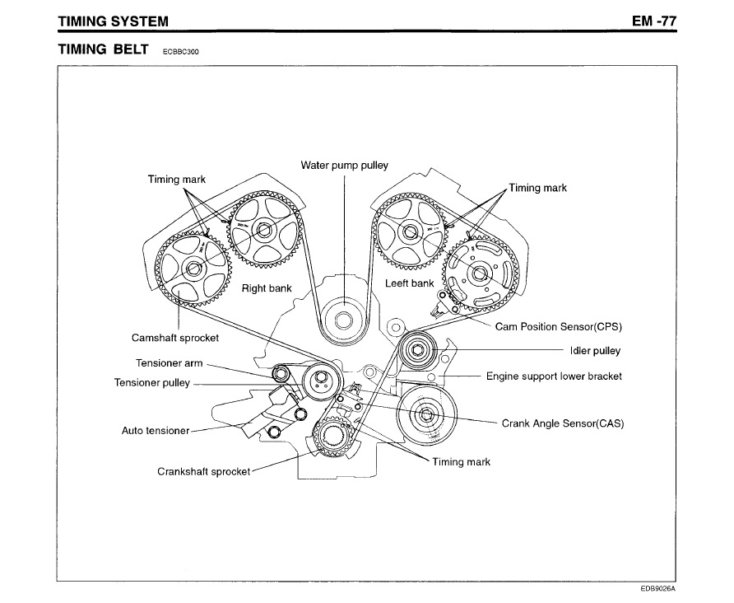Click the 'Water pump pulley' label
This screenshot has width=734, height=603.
pyautogui.click(x=344, y=165)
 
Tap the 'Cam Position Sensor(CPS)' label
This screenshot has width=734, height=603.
pyautogui.click(x=560, y=325)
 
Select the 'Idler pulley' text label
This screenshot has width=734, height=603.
pyautogui.click(x=595, y=351)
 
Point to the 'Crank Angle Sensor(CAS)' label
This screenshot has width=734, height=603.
pyautogui.click(x=563, y=424)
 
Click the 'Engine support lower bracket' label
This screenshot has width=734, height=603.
pyautogui.click(x=554, y=376)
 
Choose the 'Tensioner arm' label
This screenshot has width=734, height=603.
pyautogui.click(x=169, y=363)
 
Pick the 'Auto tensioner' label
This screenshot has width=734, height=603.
pyautogui.click(x=156, y=430)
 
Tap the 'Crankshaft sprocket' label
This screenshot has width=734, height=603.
pyautogui.click(x=203, y=472)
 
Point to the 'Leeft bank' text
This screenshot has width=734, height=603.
pyautogui.click(x=409, y=283)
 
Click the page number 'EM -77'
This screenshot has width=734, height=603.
pyautogui.click(x=654, y=20)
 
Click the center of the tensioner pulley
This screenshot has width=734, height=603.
pyautogui.click(x=318, y=381)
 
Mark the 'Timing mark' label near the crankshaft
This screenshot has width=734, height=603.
pyautogui.click(x=467, y=462)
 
